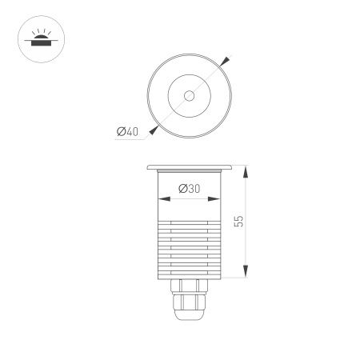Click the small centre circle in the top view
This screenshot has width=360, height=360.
click(x=189, y=96)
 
